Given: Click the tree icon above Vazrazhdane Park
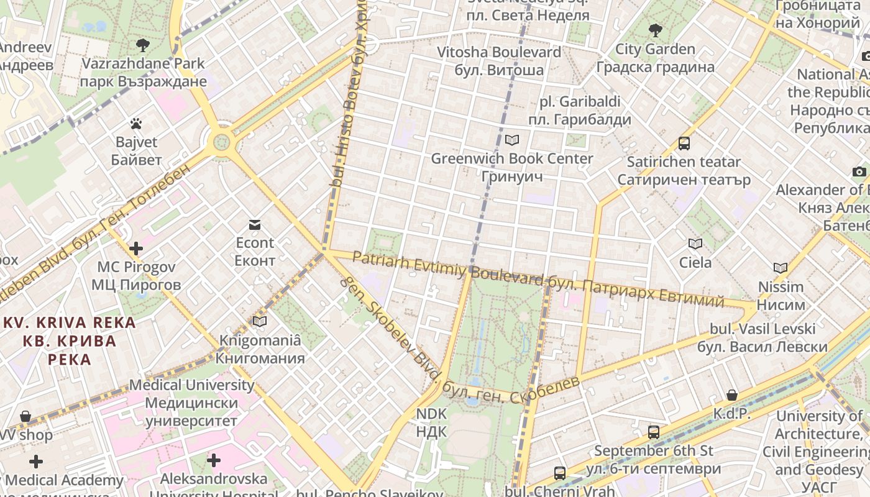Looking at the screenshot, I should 143,45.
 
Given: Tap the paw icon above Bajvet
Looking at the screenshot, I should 136,124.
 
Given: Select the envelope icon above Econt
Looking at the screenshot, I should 255,224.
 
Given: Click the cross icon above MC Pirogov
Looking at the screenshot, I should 135,249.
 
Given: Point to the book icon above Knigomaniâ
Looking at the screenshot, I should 260,321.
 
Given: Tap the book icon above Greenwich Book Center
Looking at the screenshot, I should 512,140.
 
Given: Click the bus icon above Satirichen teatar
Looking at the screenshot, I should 684,144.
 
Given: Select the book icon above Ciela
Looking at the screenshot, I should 695,244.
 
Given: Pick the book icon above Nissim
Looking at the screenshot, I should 781,268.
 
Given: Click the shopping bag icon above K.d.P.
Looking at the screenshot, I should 732,395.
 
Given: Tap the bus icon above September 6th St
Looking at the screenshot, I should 653,432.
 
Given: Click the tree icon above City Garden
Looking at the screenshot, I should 655,30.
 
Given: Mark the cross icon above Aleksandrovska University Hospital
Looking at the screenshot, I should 214,460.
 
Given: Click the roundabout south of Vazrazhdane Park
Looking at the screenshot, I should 221,142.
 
